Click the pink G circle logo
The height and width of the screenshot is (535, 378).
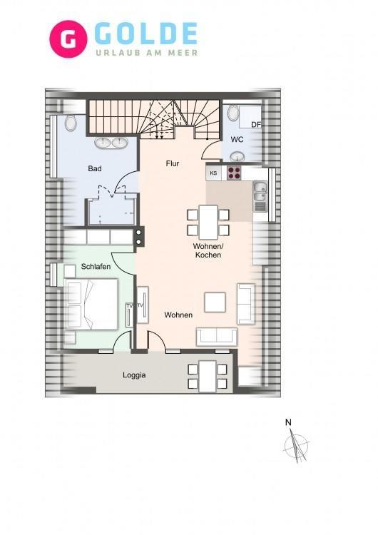coord(68,39)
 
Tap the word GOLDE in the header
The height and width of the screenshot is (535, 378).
coord(145,34)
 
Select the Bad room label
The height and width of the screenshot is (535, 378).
coord(94,168)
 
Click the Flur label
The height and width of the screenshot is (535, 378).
coord(173,163)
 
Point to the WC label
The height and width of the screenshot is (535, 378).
coord(237,139)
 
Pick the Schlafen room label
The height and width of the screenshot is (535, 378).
coord(96,267)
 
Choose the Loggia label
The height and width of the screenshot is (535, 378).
coord(134,375)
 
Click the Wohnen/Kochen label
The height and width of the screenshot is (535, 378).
coord(208,250)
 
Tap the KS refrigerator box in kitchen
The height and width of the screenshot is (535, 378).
coord(213,173)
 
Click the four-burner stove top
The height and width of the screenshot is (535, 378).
coord(234,173)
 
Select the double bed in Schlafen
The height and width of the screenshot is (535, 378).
coord(91,304)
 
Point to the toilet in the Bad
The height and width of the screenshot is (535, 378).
coord(71,123)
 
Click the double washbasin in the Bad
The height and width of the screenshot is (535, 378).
coord(111,143)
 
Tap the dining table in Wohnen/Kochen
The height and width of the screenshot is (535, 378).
coord(208,222)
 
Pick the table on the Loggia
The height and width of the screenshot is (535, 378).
coord(208,376)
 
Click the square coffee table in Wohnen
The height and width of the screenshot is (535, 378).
coord(215,302)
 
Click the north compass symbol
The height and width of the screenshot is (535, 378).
coord(296,444)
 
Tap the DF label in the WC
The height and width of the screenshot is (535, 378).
coord(256,125)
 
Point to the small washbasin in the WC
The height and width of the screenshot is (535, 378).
coord(237,157)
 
